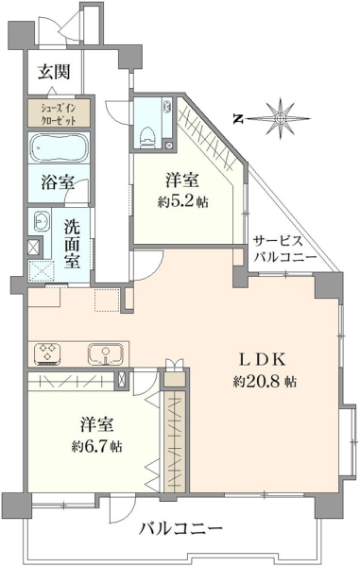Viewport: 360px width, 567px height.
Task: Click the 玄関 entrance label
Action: (54, 72)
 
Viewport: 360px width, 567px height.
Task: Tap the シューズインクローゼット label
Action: (59, 113)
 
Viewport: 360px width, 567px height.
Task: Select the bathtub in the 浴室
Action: (60, 148)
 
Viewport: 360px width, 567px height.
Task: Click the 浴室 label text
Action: (58, 181)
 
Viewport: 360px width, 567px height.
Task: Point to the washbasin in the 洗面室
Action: (40, 220)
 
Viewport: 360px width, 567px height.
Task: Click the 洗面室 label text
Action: (73, 245)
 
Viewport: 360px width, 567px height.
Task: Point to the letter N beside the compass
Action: (237, 118)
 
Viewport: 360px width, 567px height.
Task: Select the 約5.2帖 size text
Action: (182, 202)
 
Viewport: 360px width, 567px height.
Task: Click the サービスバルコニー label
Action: (284, 249)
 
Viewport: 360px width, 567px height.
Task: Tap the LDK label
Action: (264, 360)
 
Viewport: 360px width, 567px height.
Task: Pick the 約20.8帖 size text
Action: (265, 381)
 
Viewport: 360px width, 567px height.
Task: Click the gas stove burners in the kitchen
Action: (47, 352)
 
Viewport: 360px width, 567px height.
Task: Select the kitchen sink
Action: (106, 354)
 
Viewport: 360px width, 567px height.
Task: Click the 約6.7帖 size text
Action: (96, 447)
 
